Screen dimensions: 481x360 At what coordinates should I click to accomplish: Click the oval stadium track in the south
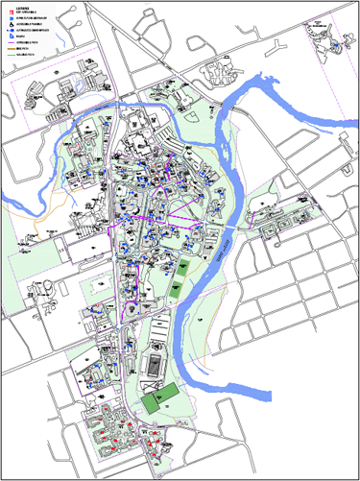[x=153, y=365]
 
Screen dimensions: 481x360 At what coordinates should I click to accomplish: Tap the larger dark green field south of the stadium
[x=153, y=400]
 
